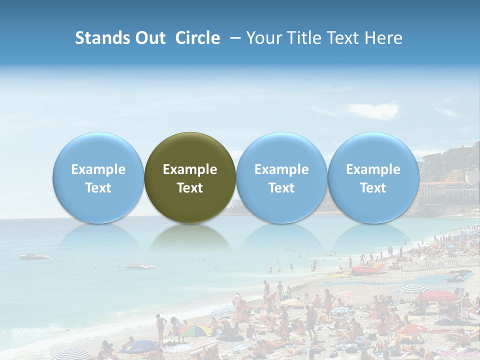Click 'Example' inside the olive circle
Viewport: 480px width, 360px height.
[x=190, y=169]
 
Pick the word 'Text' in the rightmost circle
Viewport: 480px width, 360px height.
[x=373, y=188]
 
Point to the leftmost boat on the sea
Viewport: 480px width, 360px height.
[x=34, y=257]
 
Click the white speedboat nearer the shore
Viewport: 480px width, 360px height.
[x=140, y=265]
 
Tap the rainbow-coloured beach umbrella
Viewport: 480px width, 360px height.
[x=195, y=329]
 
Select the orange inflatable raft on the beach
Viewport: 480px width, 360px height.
[x=367, y=269]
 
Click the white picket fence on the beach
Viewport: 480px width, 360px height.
[x=440, y=263]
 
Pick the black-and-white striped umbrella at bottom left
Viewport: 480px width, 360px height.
[x=73, y=354]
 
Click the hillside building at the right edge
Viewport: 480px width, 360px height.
[x=450, y=187]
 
